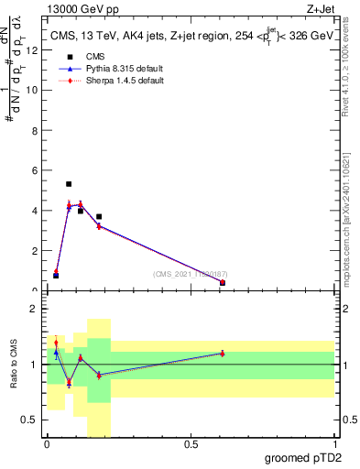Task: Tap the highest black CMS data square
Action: [69, 184]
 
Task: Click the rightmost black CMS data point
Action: [223, 283]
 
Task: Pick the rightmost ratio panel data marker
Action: [223, 353]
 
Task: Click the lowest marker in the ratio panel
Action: [69, 383]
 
